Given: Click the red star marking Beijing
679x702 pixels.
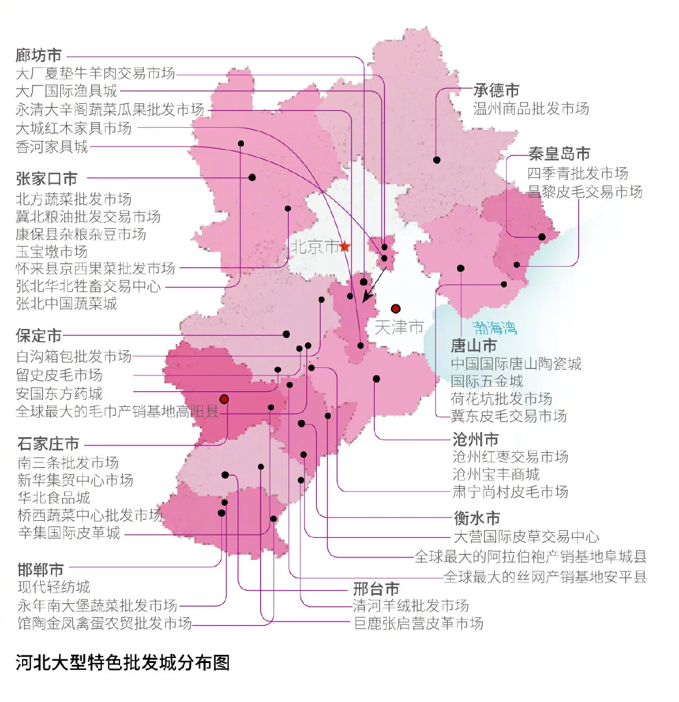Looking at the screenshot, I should [x=345, y=247].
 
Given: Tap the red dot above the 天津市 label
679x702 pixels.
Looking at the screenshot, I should [x=395, y=308].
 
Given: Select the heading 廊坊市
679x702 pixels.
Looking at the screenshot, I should [x=39, y=55].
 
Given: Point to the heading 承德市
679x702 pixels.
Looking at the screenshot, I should [x=497, y=90].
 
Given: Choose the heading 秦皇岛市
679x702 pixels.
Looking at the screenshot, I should [x=559, y=153].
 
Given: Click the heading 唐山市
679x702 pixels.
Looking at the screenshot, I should [x=474, y=345].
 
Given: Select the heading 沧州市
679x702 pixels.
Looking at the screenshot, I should [x=475, y=438].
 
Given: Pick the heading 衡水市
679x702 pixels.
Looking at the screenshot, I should [x=477, y=518].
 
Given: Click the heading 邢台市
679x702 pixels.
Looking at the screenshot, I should [x=376, y=589].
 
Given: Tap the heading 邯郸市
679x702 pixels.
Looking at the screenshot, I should [x=40, y=571].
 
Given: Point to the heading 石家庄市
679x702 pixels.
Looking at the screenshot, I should [x=48, y=443].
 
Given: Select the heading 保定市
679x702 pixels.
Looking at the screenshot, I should [x=39, y=335].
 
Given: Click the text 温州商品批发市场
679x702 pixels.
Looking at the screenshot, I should [x=531, y=108].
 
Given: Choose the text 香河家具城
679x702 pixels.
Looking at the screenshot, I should [x=52, y=147].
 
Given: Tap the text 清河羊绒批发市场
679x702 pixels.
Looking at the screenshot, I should [x=411, y=606].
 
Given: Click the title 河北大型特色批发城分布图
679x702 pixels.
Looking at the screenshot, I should [x=123, y=663].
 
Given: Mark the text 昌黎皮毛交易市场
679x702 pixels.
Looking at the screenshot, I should [x=585, y=191].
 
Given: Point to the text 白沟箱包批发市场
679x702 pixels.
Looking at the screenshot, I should [x=74, y=356].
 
